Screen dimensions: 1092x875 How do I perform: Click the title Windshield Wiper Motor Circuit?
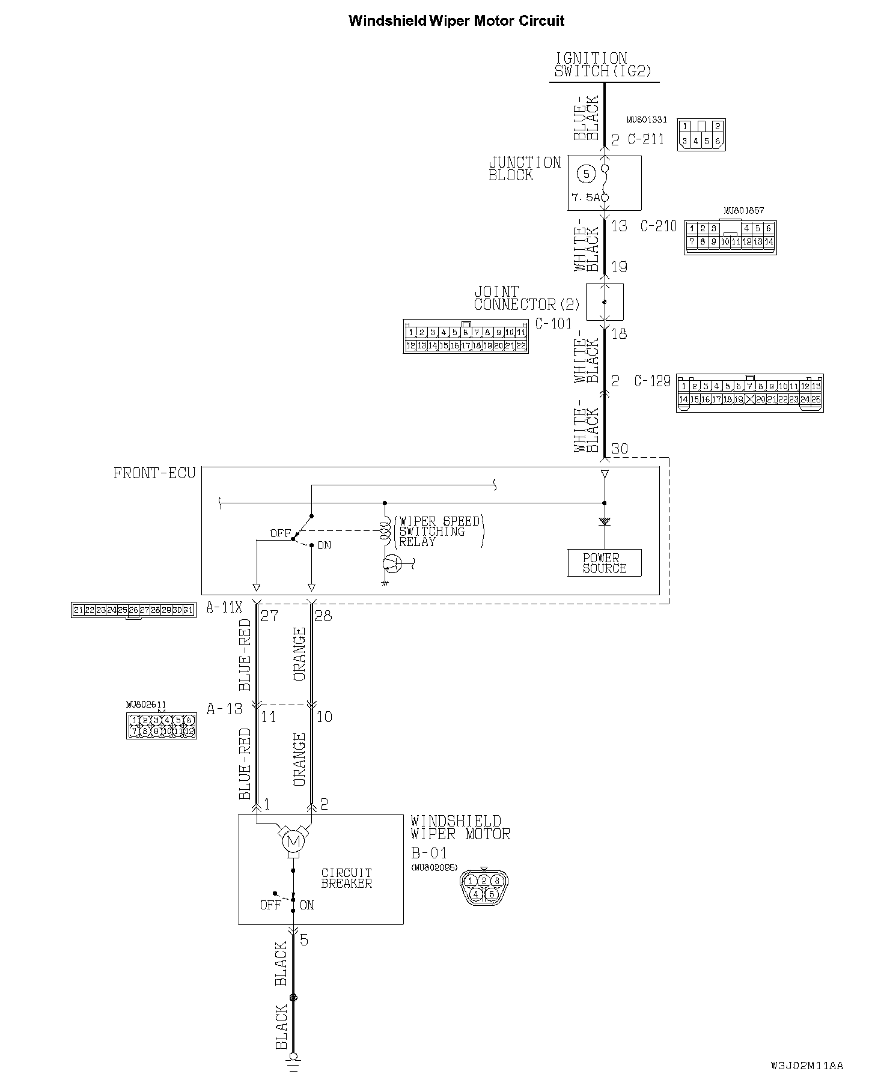click(456, 21)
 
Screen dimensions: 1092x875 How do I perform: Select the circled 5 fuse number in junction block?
click(586, 174)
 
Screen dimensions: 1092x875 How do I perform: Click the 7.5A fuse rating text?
click(585, 198)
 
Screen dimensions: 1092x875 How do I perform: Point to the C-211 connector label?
click(646, 139)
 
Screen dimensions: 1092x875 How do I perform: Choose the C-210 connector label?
click(659, 226)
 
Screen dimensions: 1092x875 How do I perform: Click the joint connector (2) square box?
click(605, 302)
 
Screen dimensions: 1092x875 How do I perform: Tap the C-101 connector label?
click(553, 324)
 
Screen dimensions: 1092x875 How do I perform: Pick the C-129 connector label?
click(652, 381)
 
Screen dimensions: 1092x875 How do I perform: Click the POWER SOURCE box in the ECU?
click(605, 563)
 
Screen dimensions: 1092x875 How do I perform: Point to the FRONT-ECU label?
click(154, 473)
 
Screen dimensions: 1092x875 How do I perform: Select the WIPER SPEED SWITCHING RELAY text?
click(439, 531)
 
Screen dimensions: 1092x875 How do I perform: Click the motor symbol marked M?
click(293, 842)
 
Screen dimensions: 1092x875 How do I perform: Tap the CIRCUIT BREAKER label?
click(346, 878)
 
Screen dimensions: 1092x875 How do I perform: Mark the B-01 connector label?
click(428, 852)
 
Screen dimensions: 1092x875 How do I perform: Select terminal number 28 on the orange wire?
click(323, 616)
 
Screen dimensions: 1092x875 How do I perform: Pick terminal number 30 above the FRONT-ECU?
click(619, 449)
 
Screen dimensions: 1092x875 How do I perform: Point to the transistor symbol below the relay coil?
click(392, 563)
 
